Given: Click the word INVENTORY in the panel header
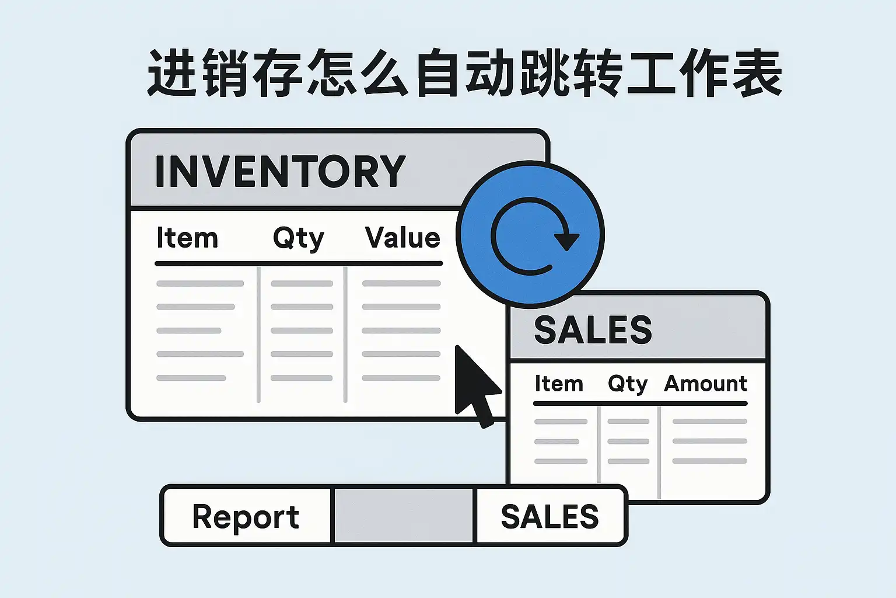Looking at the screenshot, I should click(280, 171).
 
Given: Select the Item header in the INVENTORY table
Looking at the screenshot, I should click(187, 238).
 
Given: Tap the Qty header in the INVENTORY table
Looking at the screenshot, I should click(298, 239).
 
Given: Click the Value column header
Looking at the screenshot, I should click(402, 238).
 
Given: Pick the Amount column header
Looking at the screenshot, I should click(705, 384).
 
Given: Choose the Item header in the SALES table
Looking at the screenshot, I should click(559, 384).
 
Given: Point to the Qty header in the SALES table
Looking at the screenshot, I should click(628, 384).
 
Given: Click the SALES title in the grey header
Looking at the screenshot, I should click(593, 330).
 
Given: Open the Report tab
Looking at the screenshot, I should click(246, 517).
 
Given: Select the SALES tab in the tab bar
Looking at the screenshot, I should click(549, 517).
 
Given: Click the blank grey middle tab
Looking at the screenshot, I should click(403, 516).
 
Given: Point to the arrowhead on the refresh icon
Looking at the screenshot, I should click(566, 240).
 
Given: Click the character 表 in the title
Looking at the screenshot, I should click(757, 74).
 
